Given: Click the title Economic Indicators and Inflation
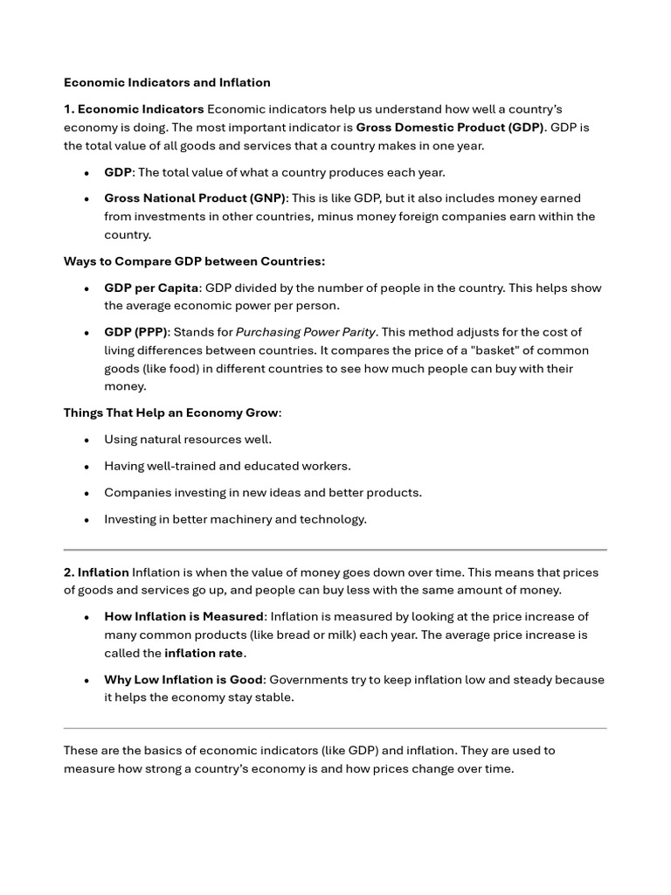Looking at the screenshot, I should tap(167, 82).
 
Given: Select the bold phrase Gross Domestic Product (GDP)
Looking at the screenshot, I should tap(449, 128).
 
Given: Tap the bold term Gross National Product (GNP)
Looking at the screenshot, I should tap(195, 198).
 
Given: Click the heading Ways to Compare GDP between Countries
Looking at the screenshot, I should tap(194, 261).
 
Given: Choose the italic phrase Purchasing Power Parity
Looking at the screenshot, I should tap(306, 332).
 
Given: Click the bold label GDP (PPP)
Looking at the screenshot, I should tap(135, 332).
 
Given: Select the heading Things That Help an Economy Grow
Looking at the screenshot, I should tap(171, 413).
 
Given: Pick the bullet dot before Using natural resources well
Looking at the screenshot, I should tap(86, 441).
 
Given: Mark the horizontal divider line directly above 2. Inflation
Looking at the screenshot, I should tap(335, 550).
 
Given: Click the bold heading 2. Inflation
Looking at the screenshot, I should tap(96, 572).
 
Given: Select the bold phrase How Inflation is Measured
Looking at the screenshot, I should tap(183, 617).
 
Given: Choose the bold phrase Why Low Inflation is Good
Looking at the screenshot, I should tap(183, 680).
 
